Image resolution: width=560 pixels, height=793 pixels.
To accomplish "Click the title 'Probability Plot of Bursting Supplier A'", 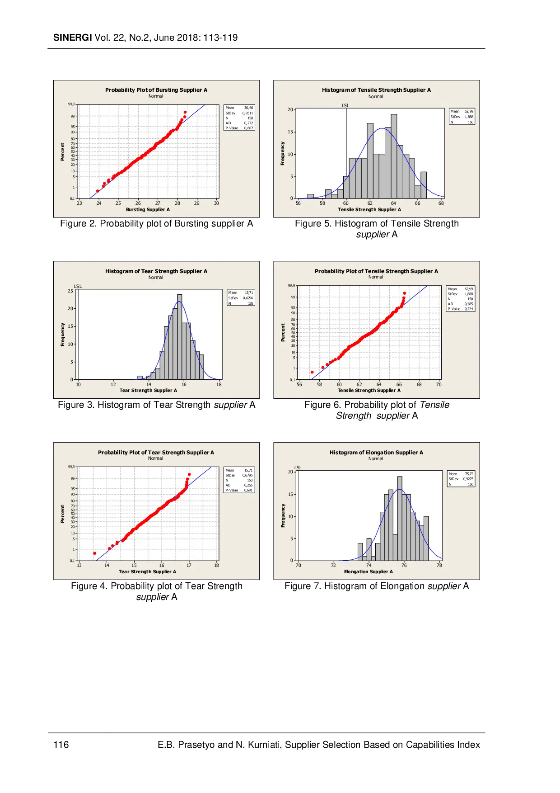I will point(156,90).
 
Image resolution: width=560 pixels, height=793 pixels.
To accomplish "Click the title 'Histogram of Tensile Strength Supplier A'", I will point(376,90).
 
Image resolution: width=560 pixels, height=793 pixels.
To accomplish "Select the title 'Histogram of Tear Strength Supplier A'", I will point(156,271).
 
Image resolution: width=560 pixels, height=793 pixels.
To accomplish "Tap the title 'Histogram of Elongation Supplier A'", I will point(376,453).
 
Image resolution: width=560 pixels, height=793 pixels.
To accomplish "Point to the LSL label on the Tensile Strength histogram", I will point(345,105).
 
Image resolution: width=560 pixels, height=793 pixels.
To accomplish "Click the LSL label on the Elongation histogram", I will point(298,467).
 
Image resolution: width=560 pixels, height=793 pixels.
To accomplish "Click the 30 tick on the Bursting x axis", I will point(216,203).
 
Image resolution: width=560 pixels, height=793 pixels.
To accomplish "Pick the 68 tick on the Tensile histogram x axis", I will point(441,203).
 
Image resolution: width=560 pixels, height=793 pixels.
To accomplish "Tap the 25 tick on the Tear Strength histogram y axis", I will point(70,291).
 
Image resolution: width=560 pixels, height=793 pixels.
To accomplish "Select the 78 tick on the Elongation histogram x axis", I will point(439,566).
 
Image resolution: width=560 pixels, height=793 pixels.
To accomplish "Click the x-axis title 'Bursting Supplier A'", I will point(148,210).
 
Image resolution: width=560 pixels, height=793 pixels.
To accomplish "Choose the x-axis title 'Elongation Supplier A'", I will point(369,572).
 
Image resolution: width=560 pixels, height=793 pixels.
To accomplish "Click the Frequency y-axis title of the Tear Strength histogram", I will point(63,335).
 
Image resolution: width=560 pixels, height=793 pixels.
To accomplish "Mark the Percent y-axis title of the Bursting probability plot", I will point(63,151).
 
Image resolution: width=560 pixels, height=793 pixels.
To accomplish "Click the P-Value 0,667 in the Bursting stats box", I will point(248,128).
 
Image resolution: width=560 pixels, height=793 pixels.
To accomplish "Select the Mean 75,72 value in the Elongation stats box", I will point(469,474).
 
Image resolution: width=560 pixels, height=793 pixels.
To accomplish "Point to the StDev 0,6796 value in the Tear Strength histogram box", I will point(247,298).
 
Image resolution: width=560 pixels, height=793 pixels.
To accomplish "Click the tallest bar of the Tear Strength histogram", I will point(180,337).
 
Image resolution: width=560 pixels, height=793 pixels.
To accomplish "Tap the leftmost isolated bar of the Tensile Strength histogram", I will point(311,196).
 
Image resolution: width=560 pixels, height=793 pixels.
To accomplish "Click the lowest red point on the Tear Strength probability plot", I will point(94,553).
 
